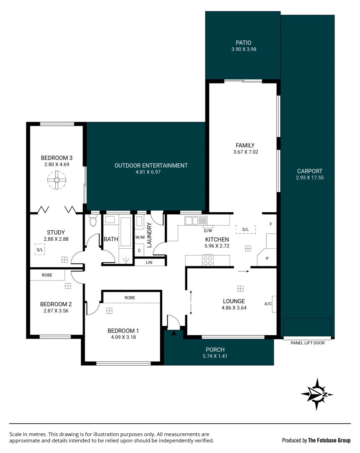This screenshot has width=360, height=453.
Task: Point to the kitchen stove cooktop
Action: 208,260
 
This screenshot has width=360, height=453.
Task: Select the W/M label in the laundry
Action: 140,237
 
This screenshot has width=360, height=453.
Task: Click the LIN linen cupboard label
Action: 149,262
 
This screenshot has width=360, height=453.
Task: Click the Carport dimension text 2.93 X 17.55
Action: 309,178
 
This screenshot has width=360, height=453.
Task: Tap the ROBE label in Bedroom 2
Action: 47,276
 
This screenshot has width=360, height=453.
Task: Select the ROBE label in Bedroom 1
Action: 129,297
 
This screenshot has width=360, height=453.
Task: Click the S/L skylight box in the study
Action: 40,250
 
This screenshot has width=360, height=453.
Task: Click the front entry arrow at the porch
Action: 174,333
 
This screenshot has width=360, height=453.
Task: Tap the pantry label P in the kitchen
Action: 267,259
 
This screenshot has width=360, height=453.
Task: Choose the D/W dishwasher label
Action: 208,231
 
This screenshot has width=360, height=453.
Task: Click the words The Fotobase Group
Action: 329,440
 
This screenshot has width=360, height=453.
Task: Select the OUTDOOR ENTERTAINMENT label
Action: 151,166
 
